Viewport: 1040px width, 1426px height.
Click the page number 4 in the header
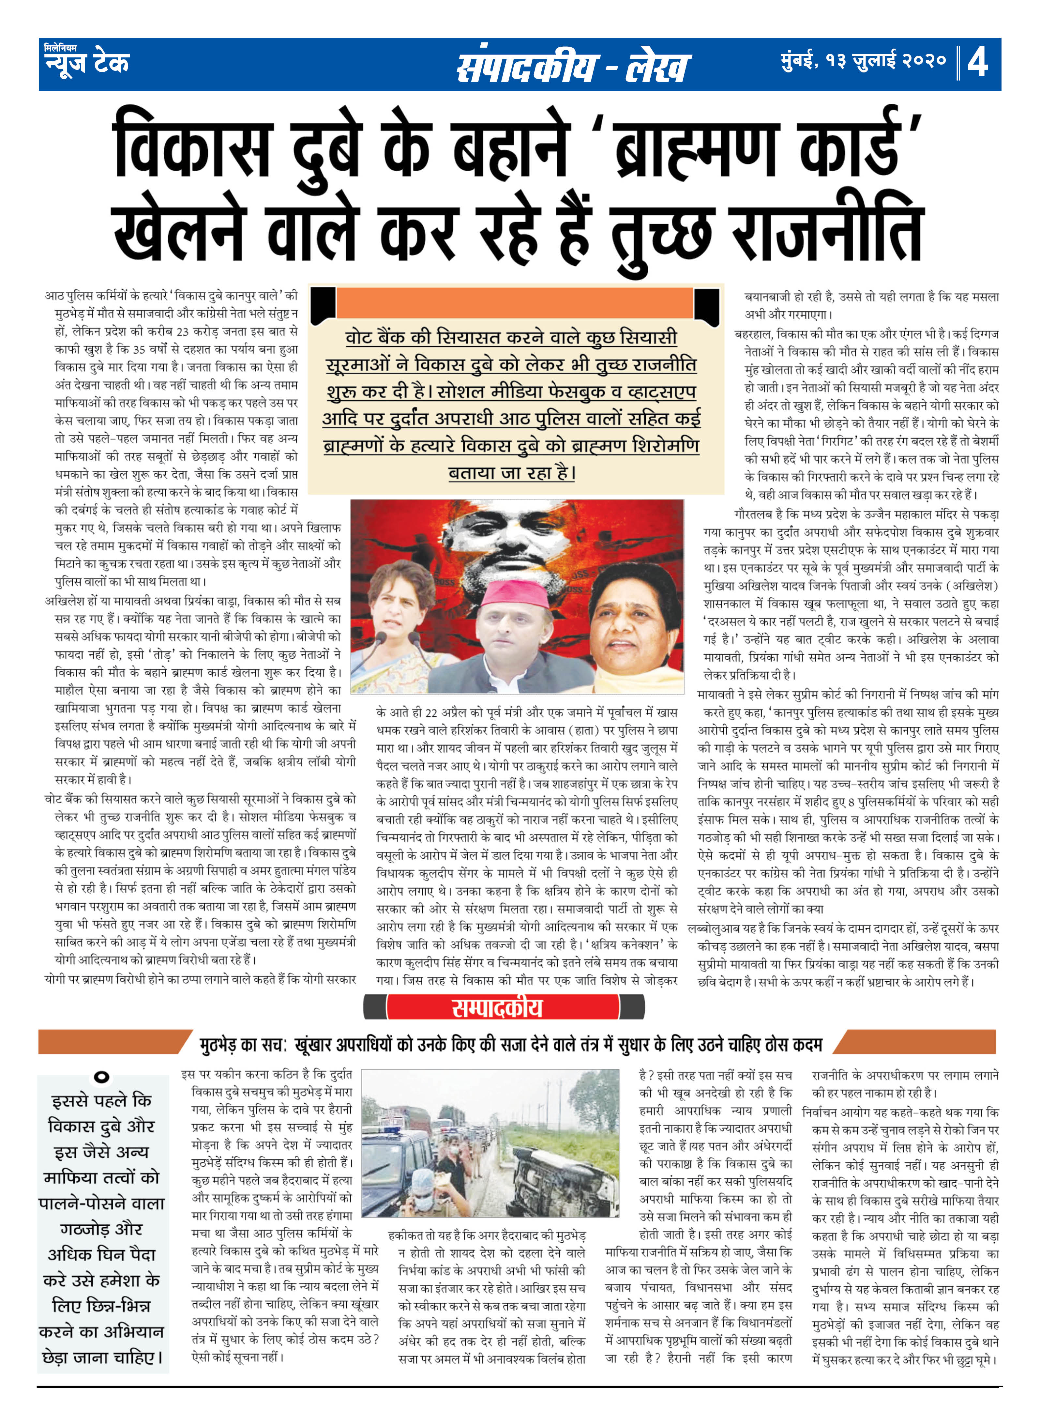tap(978, 62)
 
